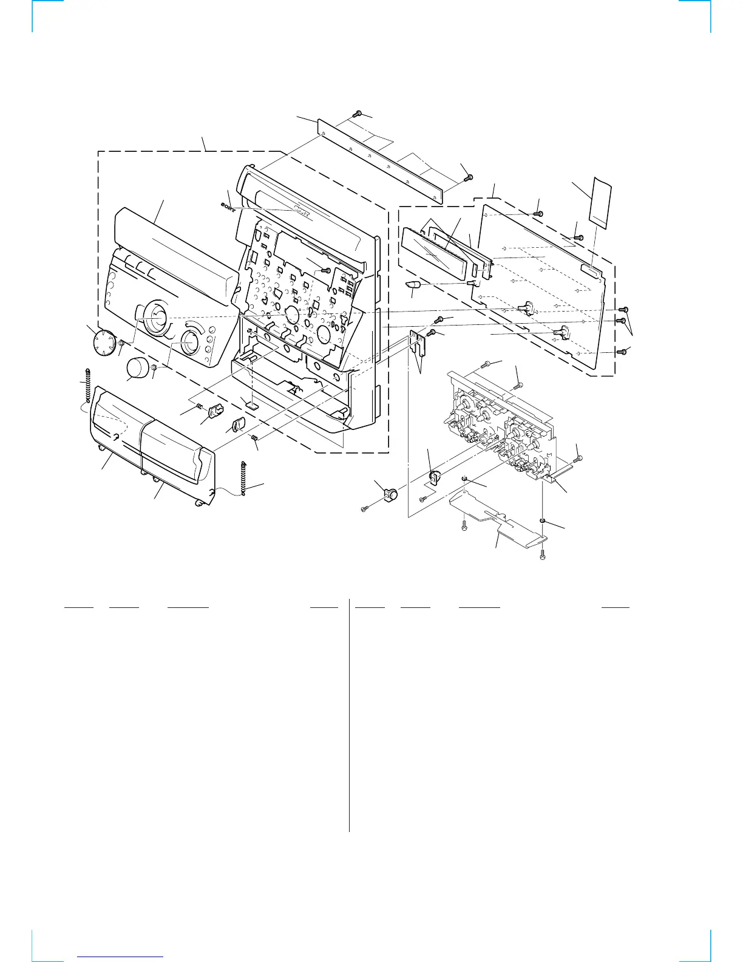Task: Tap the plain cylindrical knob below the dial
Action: pyautogui.click(x=138, y=368)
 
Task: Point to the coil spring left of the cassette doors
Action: pyautogui.click(x=89, y=386)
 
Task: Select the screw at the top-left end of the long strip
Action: pyautogui.click(x=358, y=114)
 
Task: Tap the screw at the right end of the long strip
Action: pyautogui.click(x=467, y=177)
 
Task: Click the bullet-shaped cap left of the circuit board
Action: pyautogui.click(x=415, y=286)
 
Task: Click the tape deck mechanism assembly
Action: pyautogui.click(x=504, y=425)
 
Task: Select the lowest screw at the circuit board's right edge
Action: pyautogui.click(x=620, y=352)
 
